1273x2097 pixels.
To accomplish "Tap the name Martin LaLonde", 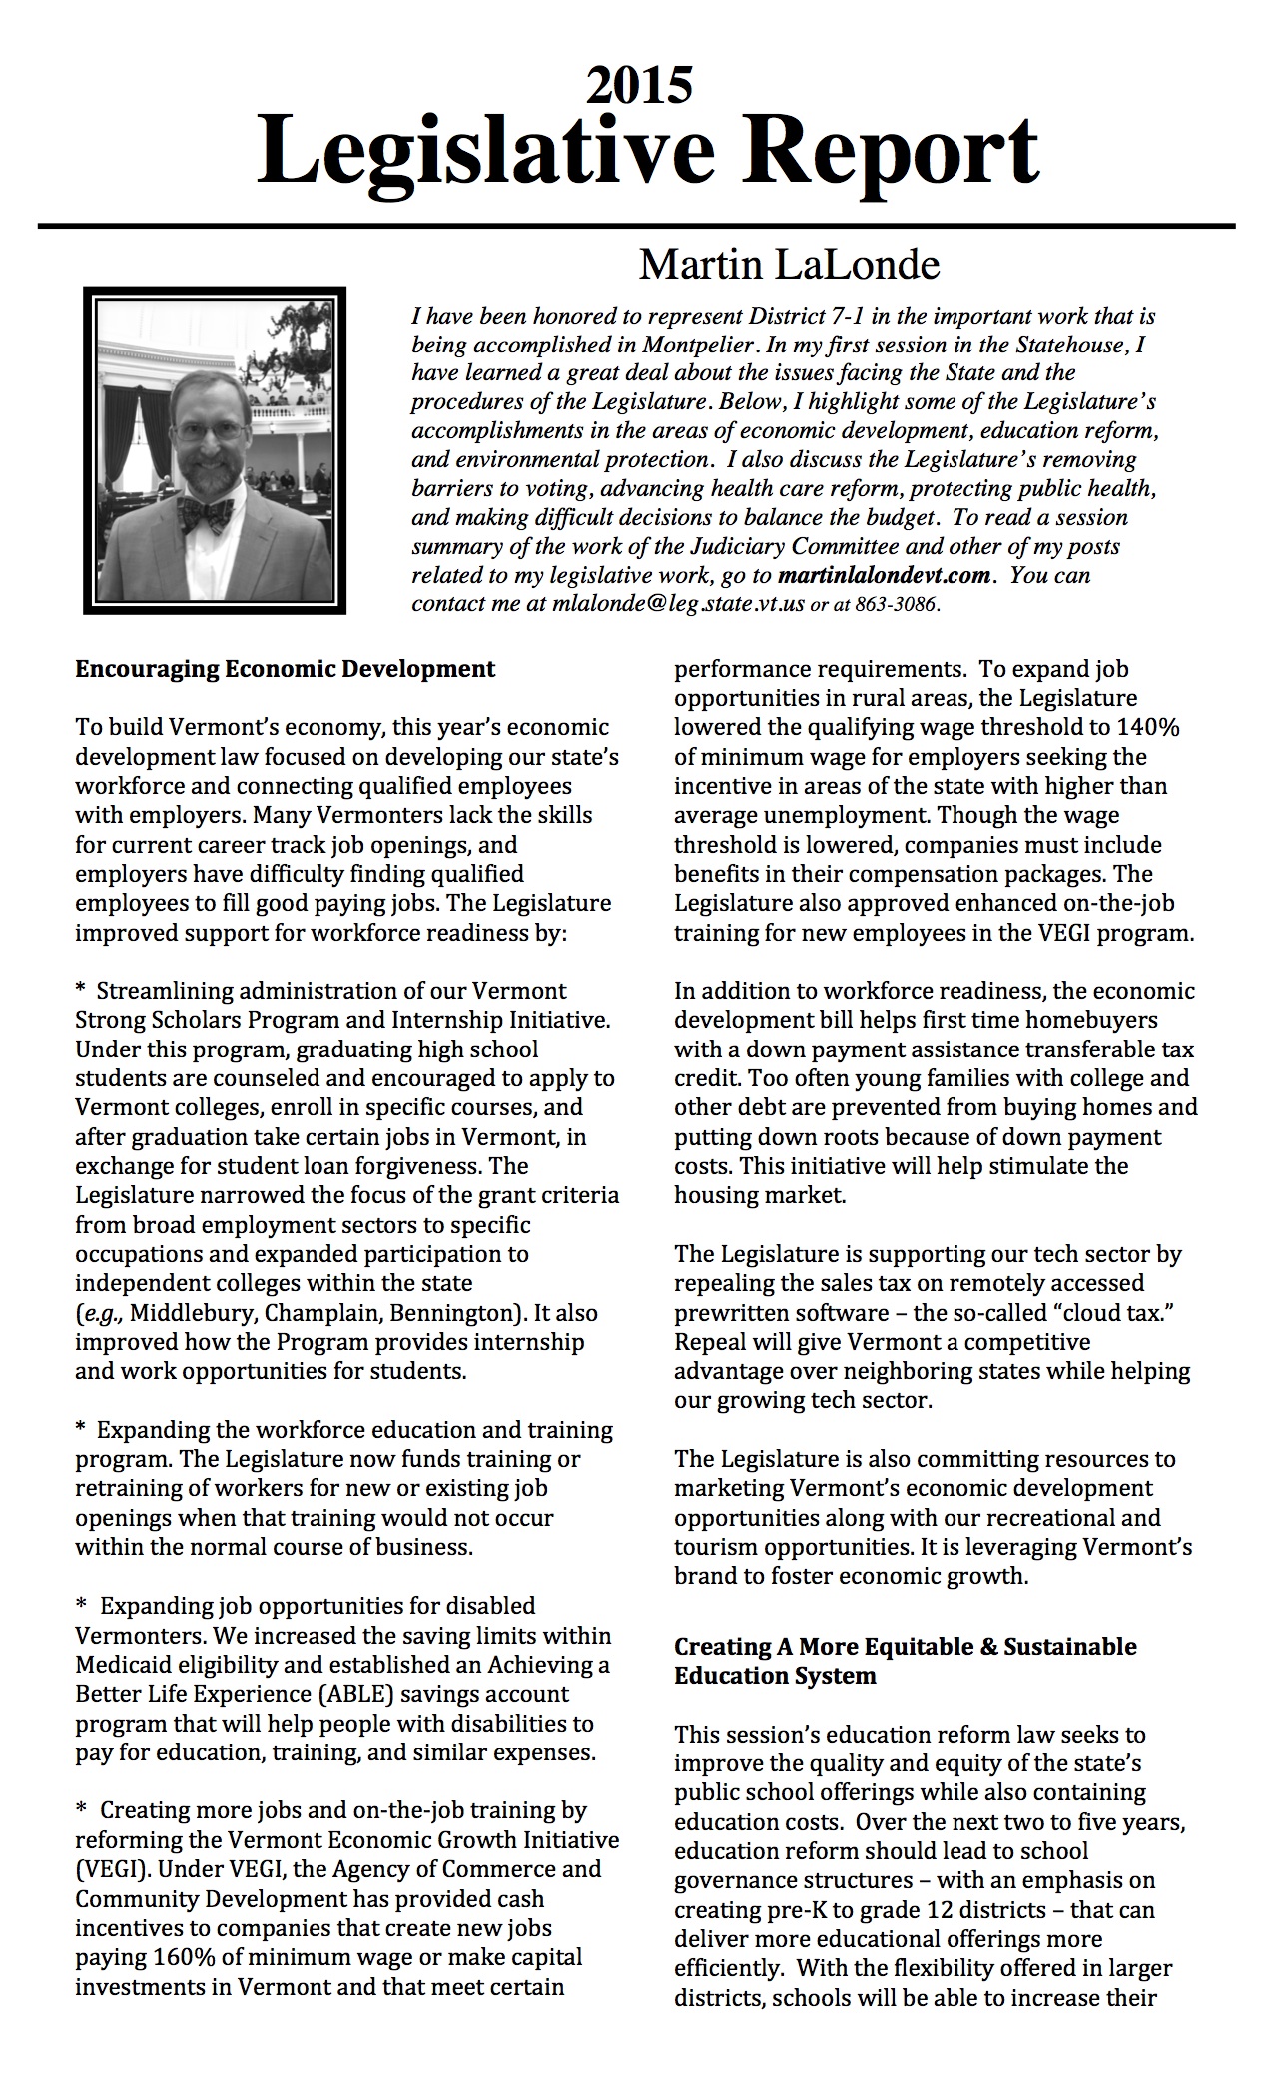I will point(789,265).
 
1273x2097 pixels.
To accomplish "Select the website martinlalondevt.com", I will point(885,576).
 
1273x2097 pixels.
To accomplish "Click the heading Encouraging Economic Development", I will point(285,669).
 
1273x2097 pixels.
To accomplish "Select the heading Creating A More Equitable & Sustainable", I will point(905,1647).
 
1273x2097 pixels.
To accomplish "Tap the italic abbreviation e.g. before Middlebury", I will point(98,1313).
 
